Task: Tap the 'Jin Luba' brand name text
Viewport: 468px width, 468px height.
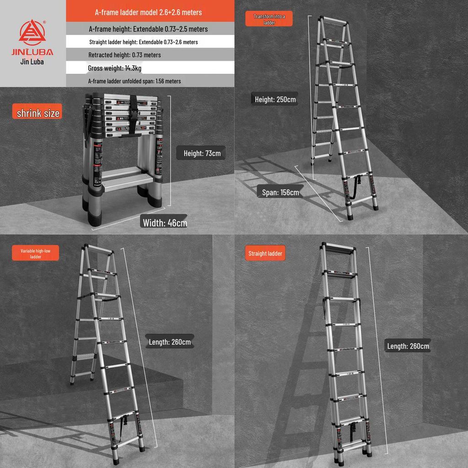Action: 32,62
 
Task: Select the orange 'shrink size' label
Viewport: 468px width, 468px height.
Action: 38,113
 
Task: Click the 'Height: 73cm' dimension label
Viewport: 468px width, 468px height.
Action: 202,153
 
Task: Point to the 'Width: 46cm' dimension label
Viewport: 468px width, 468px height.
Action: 165,223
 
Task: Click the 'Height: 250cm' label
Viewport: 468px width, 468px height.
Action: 275,99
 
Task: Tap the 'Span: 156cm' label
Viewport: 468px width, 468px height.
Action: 280,192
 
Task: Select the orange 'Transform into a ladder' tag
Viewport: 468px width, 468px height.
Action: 269,19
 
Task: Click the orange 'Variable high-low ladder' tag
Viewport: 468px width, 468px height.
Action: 36,254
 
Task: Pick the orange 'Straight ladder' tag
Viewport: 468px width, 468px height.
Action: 265,253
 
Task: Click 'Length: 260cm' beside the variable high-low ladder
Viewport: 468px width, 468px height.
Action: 170,342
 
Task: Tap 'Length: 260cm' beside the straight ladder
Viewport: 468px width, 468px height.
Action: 408,346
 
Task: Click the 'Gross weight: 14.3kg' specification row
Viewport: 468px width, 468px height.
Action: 115,68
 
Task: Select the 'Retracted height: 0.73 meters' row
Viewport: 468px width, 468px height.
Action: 124,55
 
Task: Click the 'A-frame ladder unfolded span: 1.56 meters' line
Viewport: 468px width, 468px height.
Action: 134,81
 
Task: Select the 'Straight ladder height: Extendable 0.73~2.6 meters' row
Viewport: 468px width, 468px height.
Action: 144,42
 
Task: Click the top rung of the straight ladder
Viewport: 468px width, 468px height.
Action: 338,249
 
